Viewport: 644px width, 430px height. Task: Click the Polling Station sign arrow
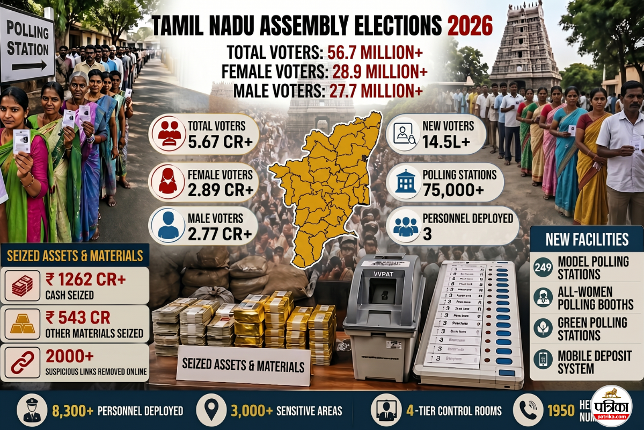(30, 66)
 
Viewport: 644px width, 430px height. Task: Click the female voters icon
(167, 182)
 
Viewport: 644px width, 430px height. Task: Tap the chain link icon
(21, 362)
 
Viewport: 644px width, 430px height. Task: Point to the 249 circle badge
(543, 267)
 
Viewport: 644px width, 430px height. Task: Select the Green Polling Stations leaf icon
(543, 328)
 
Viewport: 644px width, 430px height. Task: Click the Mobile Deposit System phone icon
(543, 360)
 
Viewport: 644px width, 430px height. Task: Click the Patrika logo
(611, 407)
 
